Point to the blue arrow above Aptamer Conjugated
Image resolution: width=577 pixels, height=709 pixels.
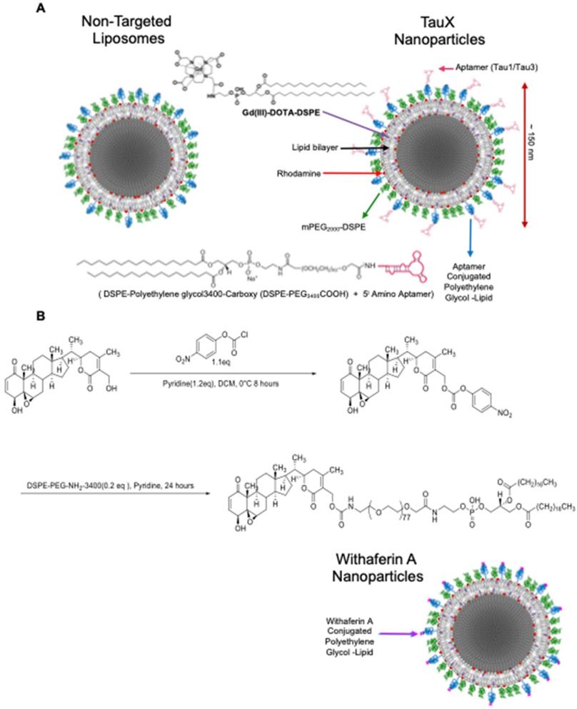[470, 236]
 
